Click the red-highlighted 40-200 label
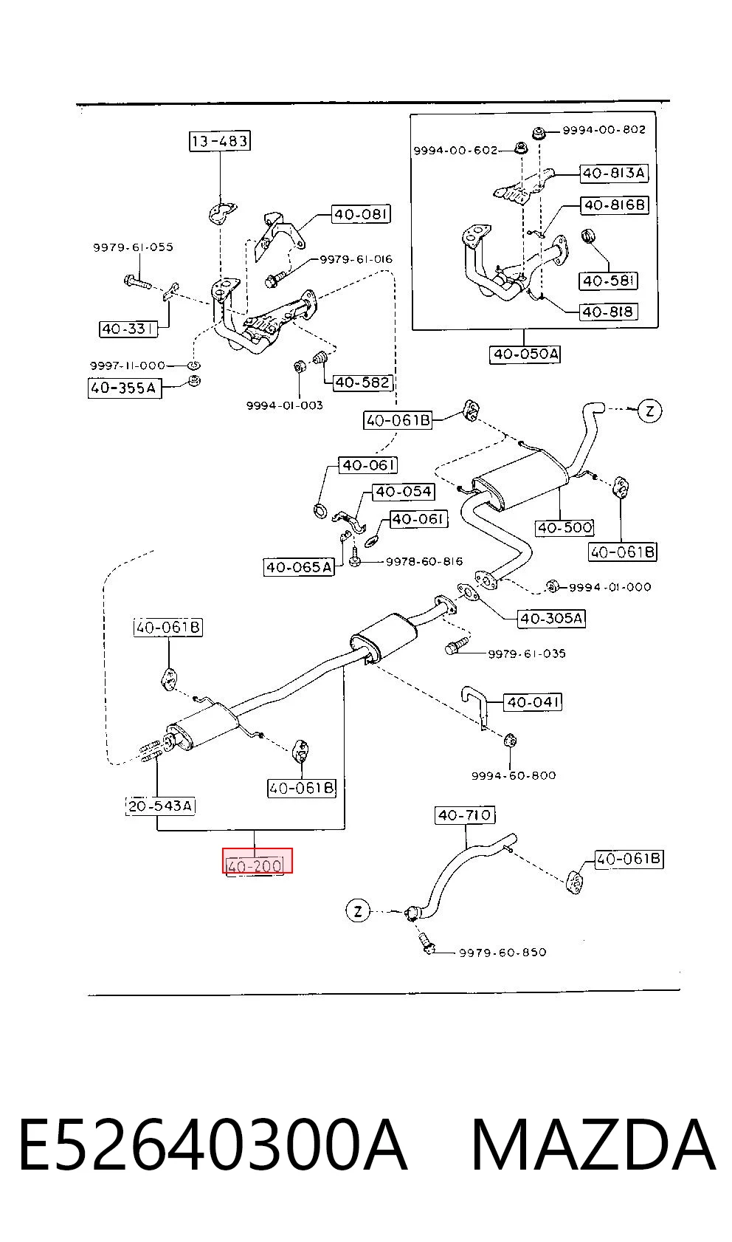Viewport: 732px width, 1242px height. click(257, 860)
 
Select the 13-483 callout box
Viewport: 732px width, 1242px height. click(219, 141)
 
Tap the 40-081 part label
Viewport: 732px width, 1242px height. click(361, 214)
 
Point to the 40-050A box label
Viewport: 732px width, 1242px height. click(525, 354)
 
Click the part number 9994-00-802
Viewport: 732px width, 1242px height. click(604, 130)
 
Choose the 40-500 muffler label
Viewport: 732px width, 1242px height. click(564, 527)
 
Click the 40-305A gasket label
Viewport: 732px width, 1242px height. click(551, 618)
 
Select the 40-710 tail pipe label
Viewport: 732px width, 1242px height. click(465, 815)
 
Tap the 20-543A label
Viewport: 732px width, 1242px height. click(161, 806)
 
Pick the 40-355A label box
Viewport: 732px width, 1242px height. click(125, 388)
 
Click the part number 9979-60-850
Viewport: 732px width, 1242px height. click(503, 953)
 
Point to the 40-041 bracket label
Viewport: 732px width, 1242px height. click(533, 702)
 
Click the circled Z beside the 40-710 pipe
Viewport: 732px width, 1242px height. click(358, 911)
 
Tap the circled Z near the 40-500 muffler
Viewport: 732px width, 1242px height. click(649, 411)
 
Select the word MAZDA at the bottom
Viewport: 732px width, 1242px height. click(593, 1145)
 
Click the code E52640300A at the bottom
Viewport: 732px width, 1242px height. click(213, 1145)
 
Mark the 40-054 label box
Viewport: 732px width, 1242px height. click(403, 492)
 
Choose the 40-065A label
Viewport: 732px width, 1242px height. click(299, 567)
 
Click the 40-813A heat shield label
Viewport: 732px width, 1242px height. click(614, 174)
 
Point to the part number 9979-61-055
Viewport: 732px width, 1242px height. click(133, 247)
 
